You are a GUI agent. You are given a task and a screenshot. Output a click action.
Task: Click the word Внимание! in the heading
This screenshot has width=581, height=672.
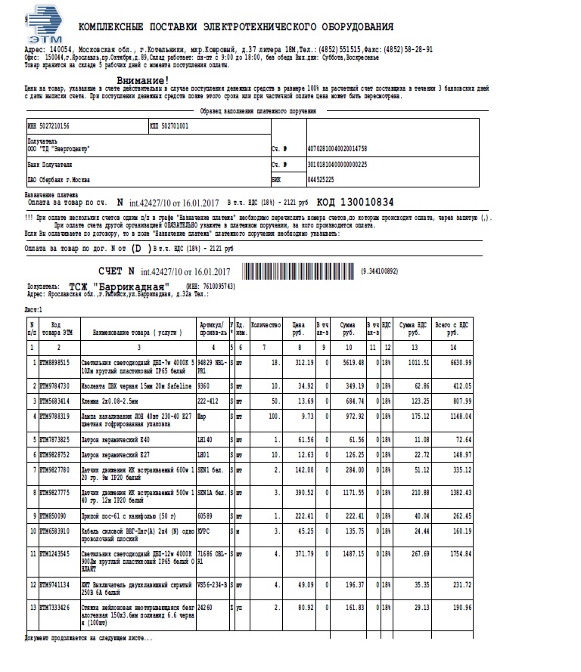click(143, 80)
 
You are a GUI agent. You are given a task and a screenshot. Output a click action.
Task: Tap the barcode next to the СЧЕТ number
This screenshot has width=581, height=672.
click(299, 271)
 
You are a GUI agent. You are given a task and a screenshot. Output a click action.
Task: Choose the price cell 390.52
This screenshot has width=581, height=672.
click(303, 492)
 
